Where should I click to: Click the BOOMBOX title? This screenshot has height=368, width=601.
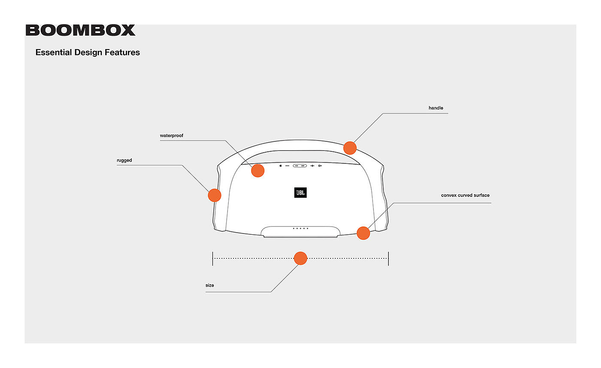coord(80,31)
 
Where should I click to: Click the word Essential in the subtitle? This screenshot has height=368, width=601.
coord(53,52)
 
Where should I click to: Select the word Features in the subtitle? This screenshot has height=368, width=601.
coord(123,52)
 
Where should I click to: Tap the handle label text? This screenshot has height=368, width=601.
coord(436,108)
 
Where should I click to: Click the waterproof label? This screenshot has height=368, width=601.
coord(172,136)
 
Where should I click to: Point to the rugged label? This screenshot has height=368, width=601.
coord(124,160)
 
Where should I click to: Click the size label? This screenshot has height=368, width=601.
coord(209,285)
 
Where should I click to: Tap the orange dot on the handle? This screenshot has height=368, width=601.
coord(350,148)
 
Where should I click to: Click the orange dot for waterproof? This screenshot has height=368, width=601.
coord(258,171)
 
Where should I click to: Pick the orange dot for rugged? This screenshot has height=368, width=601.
coord(214,195)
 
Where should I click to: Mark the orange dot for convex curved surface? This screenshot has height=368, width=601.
coord(363,233)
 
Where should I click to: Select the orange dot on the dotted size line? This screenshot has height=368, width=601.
coord(300,258)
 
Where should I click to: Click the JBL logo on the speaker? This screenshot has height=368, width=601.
coord(300,193)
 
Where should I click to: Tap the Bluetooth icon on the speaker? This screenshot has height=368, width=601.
coord(280,166)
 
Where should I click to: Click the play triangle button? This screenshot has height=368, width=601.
coord(320,166)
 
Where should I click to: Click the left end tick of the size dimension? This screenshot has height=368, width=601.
coord(212,258)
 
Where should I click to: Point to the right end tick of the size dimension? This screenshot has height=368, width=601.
coord(389,258)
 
